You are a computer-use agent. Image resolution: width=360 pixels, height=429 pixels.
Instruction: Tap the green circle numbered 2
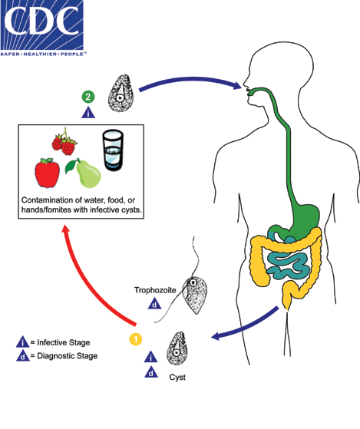click(89, 97)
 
